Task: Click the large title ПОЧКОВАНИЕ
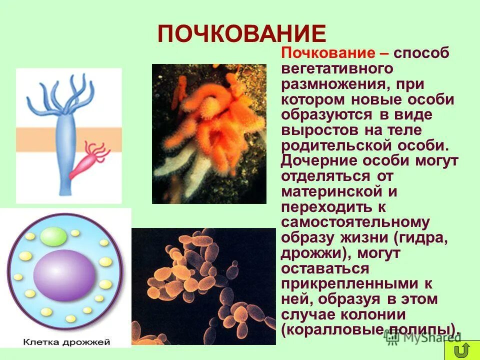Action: coord(242,34)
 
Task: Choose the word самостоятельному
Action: coord(355,222)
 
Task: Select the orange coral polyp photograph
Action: coord(209,133)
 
